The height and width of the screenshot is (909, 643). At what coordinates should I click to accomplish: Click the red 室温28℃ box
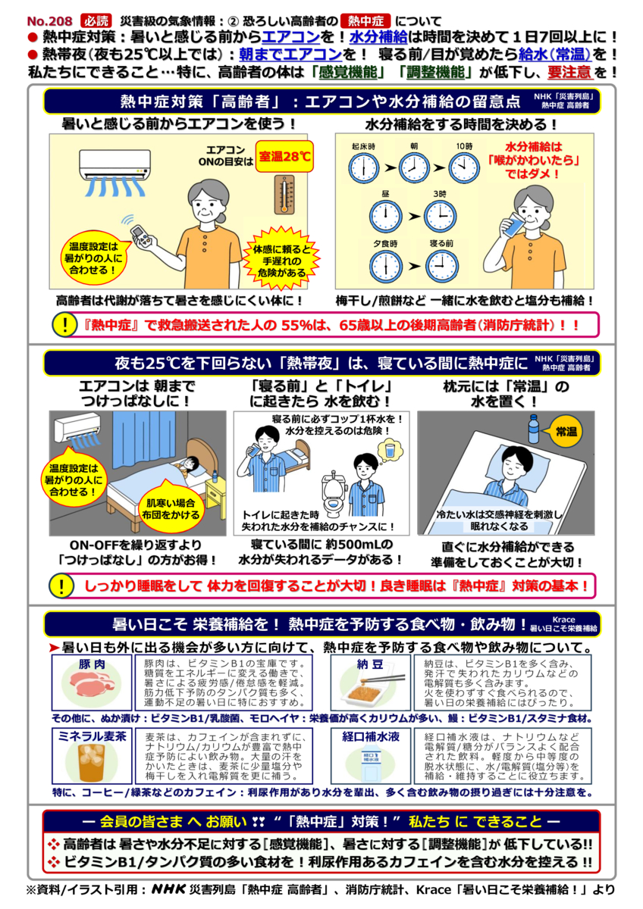[x=284, y=158]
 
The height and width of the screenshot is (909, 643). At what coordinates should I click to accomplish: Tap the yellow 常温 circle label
[x=566, y=432]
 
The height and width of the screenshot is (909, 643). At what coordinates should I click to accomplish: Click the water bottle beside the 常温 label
[x=534, y=430]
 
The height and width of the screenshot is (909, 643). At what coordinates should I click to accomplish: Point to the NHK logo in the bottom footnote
[x=177, y=889]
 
